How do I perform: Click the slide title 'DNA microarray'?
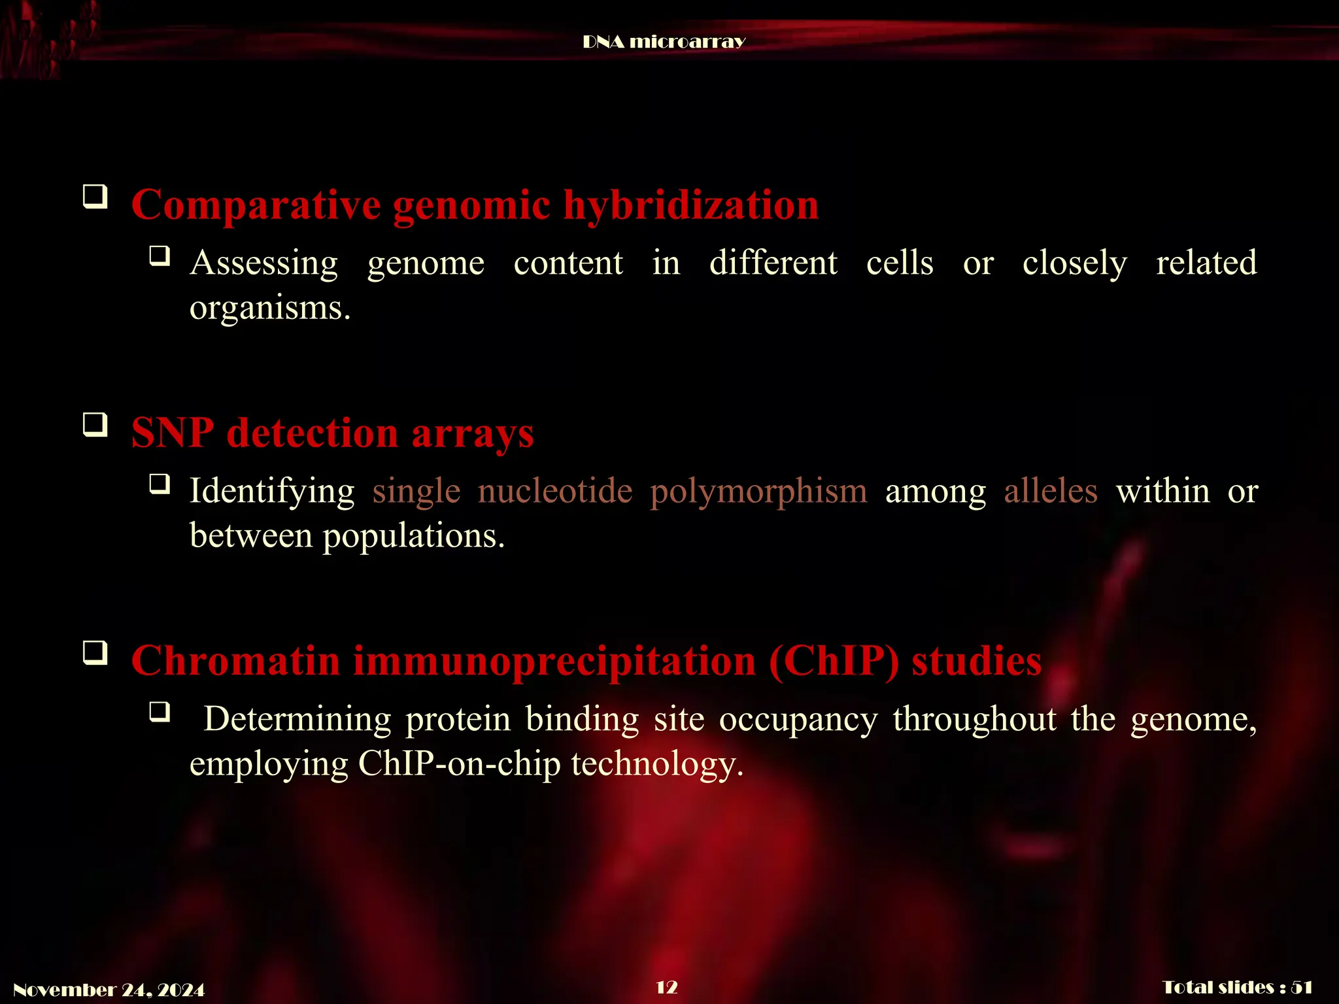click(x=664, y=42)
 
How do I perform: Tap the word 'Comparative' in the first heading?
click(x=256, y=205)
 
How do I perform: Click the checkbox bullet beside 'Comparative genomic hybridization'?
click(x=95, y=197)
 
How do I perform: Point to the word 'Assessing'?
click(x=263, y=263)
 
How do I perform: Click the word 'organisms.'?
click(x=269, y=308)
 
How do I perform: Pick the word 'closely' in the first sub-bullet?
click(x=1074, y=263)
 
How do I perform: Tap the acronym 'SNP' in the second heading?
click(x=172, y=433)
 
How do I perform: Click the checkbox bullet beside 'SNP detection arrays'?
click(x=95, y=425)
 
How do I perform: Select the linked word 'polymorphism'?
click(x=758, y=491)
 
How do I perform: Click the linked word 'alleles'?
click(x=1050, y=491)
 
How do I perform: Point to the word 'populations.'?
click(x=413, y=536)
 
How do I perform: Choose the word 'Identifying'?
click(x=271, y=491)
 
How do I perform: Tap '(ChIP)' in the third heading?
click(x=834, y=661)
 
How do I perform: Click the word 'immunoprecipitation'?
click(x=554, y=661)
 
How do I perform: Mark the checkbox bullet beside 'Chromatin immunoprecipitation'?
click(x=95, y=652)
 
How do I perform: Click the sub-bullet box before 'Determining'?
click(x=160, y=711)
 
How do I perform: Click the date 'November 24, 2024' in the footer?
click(x=109, y=990)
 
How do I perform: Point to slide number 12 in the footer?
click(x=666, y=987)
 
